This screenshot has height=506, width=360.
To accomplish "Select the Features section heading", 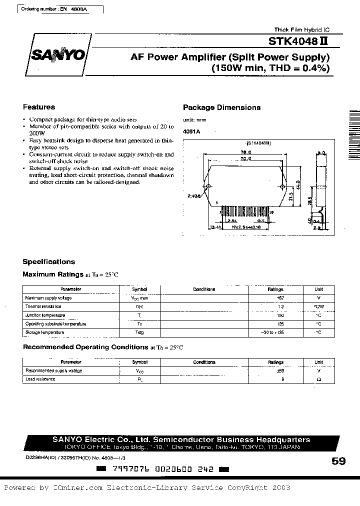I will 39,107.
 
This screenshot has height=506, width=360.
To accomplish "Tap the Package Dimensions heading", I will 221,107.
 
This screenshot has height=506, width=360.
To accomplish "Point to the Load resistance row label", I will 40,379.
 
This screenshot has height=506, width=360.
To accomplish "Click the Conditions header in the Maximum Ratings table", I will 204,289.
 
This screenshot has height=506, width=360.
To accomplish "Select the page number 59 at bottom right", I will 338,461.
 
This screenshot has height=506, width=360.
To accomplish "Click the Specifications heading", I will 49,261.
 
